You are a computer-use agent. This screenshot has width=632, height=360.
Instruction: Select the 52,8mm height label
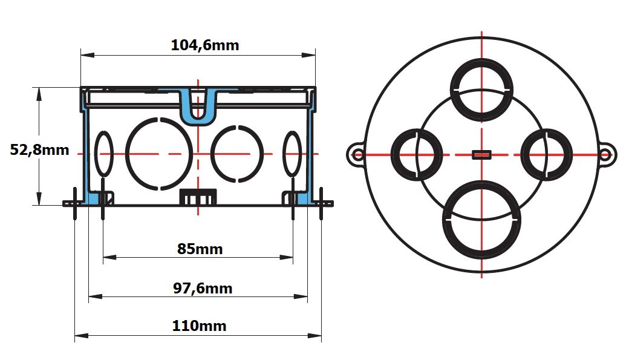(40, 150)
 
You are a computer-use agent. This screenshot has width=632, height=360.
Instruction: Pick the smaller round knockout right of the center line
(237, 154)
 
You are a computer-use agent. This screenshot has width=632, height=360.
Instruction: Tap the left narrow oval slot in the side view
(104, 154)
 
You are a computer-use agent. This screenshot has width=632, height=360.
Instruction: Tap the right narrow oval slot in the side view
(293, 154)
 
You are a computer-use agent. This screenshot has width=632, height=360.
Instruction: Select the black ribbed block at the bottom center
(198, 197)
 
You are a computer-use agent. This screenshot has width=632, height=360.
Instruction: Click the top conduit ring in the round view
(481, 90)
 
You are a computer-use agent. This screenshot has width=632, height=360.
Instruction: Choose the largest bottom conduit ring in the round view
(481, 221)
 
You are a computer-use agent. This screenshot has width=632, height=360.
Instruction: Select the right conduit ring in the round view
(546, 154)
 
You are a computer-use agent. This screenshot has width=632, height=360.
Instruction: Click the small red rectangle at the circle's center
(481, 155)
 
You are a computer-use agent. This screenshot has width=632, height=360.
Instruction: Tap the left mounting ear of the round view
(357, 155)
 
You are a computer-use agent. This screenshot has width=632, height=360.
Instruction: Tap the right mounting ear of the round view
(605, 155)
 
